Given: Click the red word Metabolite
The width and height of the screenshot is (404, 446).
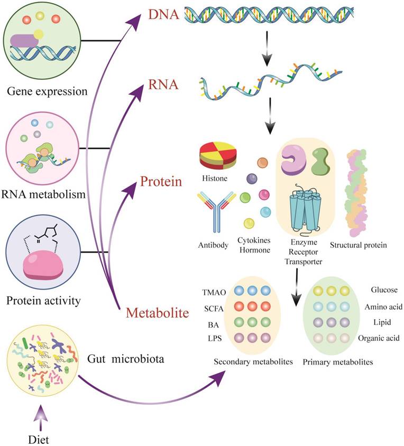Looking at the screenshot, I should tap(158, 313).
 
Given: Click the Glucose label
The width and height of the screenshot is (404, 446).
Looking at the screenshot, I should tap(383, 290).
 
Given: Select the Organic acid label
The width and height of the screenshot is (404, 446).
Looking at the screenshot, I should tap(377, 338).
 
